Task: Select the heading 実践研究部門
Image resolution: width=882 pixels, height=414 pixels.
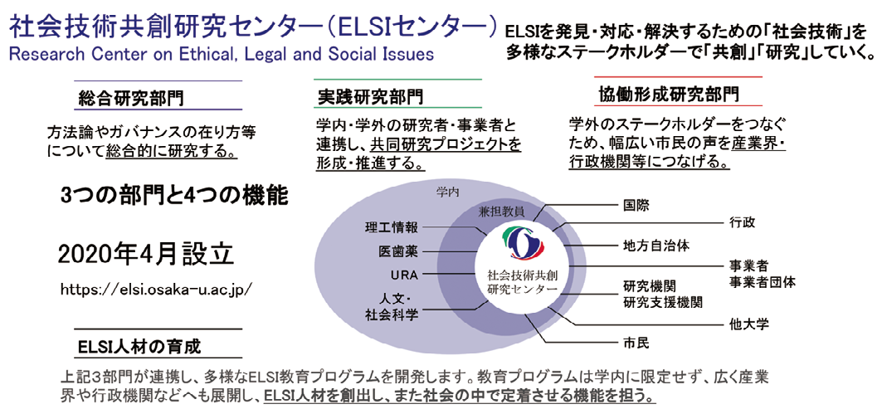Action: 369,96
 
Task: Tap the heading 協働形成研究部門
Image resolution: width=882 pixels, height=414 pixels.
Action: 667,94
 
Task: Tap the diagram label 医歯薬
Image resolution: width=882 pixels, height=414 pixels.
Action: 397,251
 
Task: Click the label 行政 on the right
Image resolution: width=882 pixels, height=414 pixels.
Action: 743,222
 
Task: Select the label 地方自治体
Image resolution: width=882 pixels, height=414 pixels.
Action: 655,246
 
